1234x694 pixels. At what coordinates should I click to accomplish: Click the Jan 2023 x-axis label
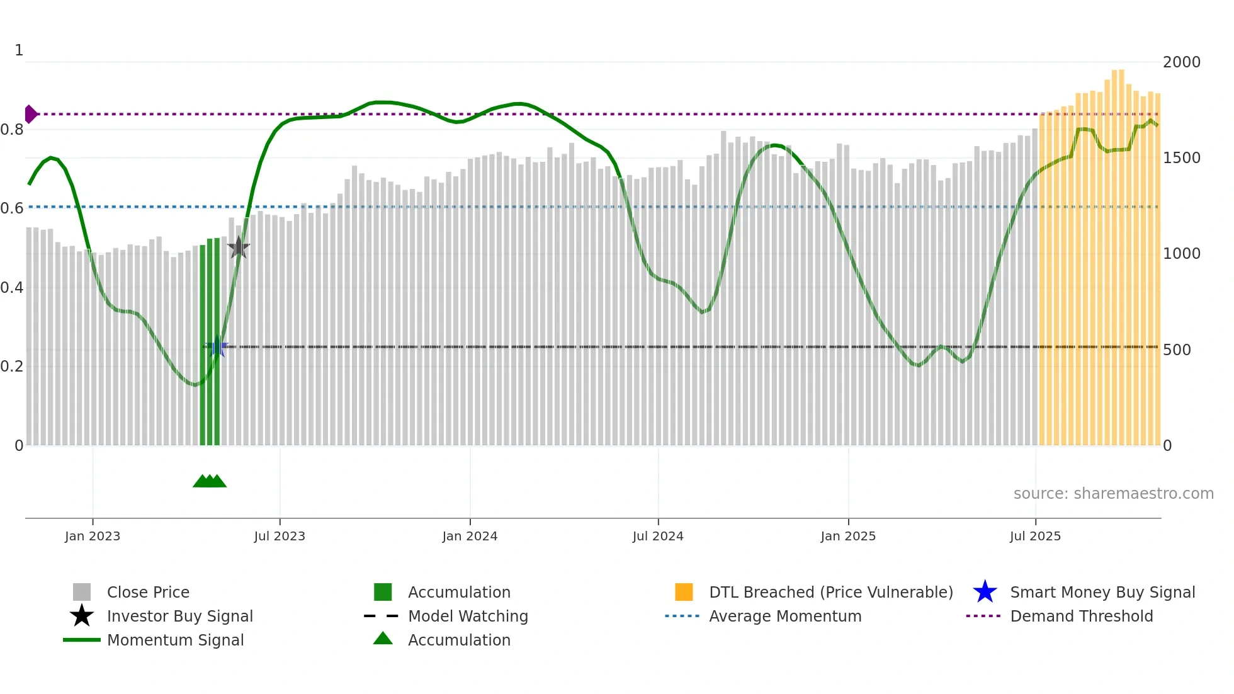(x=93, y=536)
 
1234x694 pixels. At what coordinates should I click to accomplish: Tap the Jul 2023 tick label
(x=280, y=536)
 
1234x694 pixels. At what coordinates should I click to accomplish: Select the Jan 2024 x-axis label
(x=470, y=536)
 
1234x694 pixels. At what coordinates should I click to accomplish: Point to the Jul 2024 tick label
(x=658, y=536)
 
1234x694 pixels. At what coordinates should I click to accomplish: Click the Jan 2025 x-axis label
(x=848, y=536)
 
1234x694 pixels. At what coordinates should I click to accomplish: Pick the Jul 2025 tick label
(x=1035, y=536)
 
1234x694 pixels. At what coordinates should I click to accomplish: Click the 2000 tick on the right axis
(x=1182, y=62)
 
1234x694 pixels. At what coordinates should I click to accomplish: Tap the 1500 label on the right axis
(x=1182, y=158)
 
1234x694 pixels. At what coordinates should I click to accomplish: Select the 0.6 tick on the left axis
(x=12, y=208)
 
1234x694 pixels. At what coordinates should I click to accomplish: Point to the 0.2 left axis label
(x=12, y=367)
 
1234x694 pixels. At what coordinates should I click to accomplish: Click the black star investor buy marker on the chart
(x=239, y=247)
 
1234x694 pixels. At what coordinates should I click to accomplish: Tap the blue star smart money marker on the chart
(x=218, y=347)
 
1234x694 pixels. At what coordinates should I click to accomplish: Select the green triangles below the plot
(x=210, y=481)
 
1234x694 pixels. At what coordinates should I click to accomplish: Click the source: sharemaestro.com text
(x=1113, y=494)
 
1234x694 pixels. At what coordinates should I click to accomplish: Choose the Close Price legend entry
(x=148, y=592)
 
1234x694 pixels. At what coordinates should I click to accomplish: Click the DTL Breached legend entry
(x=830, y=592)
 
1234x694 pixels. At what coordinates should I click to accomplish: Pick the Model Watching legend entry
(x=468, y=616)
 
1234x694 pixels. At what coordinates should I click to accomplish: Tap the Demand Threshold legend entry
(x=1081, y=616)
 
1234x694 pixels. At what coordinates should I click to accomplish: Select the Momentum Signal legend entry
(x=175, y=640)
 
